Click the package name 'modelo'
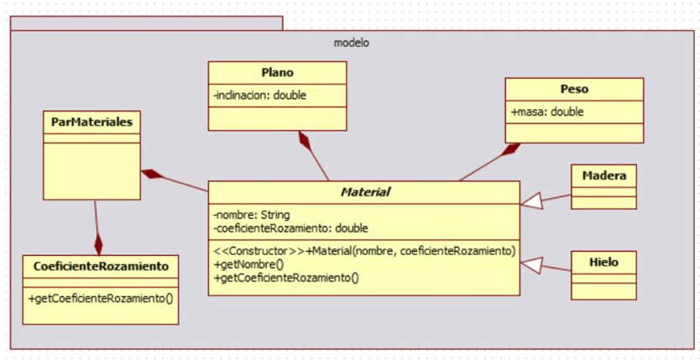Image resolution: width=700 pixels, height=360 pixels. coord(351,43)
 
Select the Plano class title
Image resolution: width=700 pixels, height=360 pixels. coord(277,72)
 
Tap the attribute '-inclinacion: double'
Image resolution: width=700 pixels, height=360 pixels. coord(260,96)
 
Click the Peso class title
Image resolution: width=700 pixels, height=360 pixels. coord(574,88)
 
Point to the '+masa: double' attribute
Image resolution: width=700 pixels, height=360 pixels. coord(547,112)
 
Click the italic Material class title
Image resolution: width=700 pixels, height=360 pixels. coord(364,192)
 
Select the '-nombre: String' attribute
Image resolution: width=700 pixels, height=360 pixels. coord(252,215)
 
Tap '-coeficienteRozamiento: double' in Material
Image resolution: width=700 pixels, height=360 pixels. coord(290,227)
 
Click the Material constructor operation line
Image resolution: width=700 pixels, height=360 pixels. coord(364,251)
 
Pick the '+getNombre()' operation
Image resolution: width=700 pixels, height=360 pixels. coord(249,263)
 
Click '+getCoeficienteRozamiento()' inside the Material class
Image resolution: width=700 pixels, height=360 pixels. coord(286,276)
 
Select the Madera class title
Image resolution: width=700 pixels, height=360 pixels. coord(603,175)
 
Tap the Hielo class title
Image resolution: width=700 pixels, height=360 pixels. coord(603,262)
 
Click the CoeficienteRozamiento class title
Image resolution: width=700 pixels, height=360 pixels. coord(101,266)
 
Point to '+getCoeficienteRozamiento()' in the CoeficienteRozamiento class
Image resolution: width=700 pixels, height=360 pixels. coord(101,297)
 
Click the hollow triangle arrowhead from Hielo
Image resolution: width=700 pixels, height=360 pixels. coord(531,266)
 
